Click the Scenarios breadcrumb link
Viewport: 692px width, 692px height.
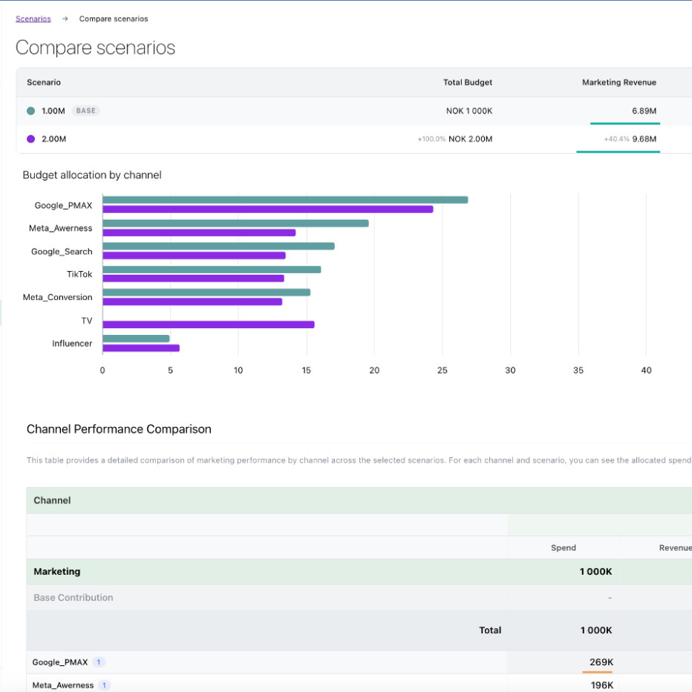click(33, 19)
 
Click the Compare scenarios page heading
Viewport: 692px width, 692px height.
click(95, 48)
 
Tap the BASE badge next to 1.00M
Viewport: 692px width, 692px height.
click(86, 111)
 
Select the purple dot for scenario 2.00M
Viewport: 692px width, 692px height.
click(31, 139)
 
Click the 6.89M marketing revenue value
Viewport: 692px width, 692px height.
click(644, 111)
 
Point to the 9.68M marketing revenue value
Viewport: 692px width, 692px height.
click(644, 139)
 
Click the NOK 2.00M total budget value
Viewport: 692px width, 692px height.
click(470, 139)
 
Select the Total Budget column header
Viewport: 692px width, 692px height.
click(467, 82)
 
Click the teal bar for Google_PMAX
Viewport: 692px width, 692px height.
click(285, 200)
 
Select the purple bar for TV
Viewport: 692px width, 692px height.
click(208, 324)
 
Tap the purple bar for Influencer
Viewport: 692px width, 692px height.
click(140, 347)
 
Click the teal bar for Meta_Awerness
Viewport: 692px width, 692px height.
click(235, 223)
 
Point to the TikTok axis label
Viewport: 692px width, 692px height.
click(79, 274)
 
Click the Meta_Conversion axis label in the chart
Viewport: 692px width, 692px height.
click(58, 297)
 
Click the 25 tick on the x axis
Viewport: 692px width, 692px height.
click(443, 370)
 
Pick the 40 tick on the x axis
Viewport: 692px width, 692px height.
click(646, 370)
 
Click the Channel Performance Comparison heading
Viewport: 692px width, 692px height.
click(119, 429)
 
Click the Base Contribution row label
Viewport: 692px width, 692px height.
click(74, 598)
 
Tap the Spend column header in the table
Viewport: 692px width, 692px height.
click(564, 548)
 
